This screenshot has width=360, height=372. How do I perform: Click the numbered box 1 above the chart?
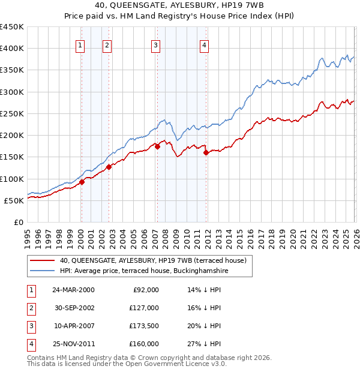click(x=80, y=44)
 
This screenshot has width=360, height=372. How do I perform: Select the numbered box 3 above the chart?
click(x=155, y=44)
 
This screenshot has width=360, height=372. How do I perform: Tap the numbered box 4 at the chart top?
click(x=205, y=44)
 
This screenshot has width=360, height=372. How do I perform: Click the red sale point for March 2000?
click(x=82, y=182)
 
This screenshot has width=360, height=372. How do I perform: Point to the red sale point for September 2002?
click(x=109, y=167)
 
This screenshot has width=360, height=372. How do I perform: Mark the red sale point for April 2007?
click(x=157, y=146)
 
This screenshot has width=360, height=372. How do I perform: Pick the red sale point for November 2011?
click(x=206, y=152)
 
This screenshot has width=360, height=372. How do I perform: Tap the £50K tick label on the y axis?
click(x=14, y=200)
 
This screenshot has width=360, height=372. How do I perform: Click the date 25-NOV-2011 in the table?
click(x=73, y=344)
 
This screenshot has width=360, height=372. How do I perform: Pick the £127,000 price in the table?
click(x=144, y=308)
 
